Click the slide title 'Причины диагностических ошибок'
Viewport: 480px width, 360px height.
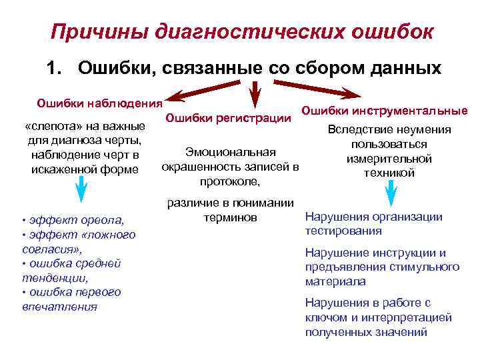tap(242, 32)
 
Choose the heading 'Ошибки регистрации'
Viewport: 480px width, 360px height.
tap(228, 118)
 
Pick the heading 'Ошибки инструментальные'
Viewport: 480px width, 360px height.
tap(385, 111)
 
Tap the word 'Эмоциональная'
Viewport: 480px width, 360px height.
tap(230, 152)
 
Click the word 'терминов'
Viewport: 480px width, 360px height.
tap(227, 217)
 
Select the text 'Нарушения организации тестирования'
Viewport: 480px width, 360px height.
tap(373, 223)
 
